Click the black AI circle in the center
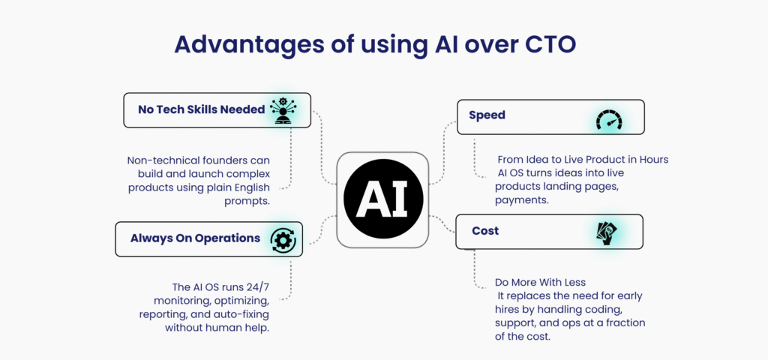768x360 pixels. tap(383, 199)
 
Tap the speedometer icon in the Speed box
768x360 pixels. tap(609, 119)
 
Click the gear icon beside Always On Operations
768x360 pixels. tap(283, 239)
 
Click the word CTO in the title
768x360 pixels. tap(550, 44)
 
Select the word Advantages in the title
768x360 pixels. tap(247, 45)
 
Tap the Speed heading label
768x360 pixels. tap(487, 115)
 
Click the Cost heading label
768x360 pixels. tap(485, 231)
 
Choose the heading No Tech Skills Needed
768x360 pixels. tap(201, 109)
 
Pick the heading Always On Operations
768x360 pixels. tap(196, 238)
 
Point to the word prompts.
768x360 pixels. tap(247, 202)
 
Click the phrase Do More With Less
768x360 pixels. tap(540, 283)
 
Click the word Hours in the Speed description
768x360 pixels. tap(653, 160)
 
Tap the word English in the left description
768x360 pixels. tap(252, 188)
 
